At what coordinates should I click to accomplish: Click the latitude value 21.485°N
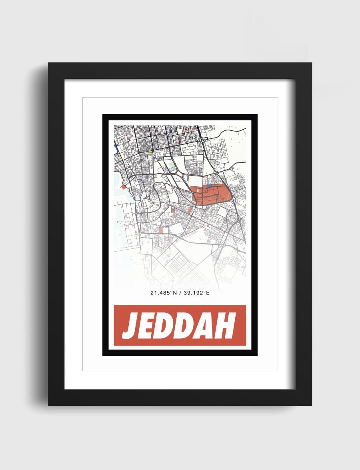tap(164, 293)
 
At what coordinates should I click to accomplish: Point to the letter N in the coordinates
tap(175, 293)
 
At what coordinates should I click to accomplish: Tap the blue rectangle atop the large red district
tap(209, 187)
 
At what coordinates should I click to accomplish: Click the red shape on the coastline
tap(124, 186)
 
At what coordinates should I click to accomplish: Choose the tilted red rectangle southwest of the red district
tap(190, 210)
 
